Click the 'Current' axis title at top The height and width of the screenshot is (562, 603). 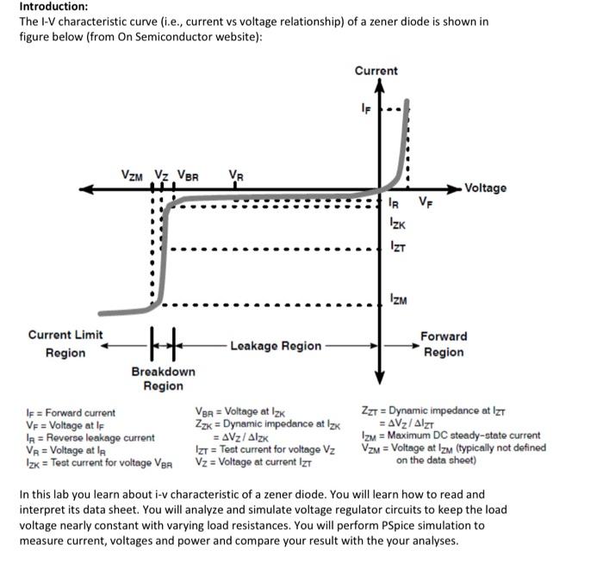(376, 71)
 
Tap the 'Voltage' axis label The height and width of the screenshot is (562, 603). (486, 188)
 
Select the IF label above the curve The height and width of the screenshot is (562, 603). (366, 108)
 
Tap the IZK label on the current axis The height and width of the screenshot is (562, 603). (397, 224)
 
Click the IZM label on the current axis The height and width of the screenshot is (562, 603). (398, 298)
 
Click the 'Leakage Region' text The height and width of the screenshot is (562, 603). (276, 345)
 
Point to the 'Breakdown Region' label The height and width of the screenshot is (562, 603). (163, 379)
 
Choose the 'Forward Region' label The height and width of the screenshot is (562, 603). (444, 344)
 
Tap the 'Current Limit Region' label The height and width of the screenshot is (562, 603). (65, 344)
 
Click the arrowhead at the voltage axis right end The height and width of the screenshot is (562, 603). (456, 188)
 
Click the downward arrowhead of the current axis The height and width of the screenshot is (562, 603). (378, 380)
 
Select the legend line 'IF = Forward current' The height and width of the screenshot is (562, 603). (67, 413)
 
